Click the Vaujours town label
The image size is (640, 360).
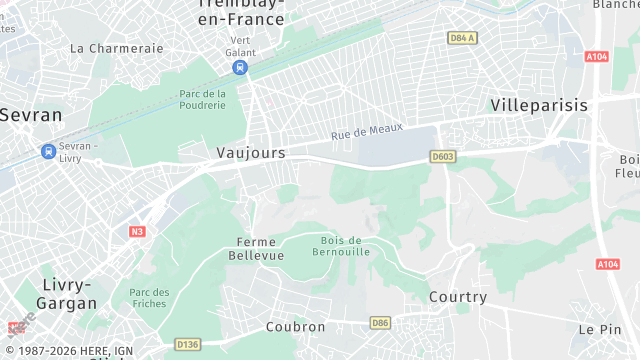(x=251, y=153)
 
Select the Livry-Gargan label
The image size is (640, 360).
(x=68, y=293)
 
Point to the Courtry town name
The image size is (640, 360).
(x=457, y=297)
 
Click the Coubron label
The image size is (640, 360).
(x=295, y=327)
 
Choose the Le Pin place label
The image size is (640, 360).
(x=599, y=329)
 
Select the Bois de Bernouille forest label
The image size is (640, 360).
(x=346, y=245)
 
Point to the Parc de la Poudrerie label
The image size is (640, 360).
(x=202, y=100)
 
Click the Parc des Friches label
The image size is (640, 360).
(x=149, y=298)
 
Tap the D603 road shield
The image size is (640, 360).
(x=442, y=157)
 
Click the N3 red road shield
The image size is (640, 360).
(x=137, y=232)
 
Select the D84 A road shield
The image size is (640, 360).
(x=461, y=38)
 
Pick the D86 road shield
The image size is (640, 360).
(x=380, y=322)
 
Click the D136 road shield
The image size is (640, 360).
(x=187, y=344)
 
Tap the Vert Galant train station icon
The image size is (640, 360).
(x=239, y=68)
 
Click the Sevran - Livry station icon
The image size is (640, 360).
(x=48, y=151)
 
